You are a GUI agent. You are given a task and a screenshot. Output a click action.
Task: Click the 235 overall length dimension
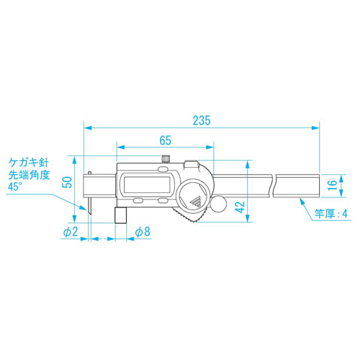coord(202,120)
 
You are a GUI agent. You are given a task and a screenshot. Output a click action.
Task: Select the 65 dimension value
coord(166,140)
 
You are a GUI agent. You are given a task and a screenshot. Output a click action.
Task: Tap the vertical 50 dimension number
coord(68,182)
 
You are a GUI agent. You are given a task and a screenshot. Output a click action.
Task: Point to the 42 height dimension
coord(240,207)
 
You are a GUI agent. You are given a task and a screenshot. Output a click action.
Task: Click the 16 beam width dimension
coord(332,185)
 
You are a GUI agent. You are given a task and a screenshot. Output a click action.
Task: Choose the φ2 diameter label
coord(71,232)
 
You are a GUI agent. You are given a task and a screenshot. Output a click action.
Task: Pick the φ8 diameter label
coord(143,232)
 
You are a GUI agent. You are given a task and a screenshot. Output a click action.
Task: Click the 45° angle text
coord(15,186)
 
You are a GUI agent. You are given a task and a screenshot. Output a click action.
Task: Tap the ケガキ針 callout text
coord(29,163)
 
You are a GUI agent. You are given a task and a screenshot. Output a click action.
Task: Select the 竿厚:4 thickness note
coord(331,213)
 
